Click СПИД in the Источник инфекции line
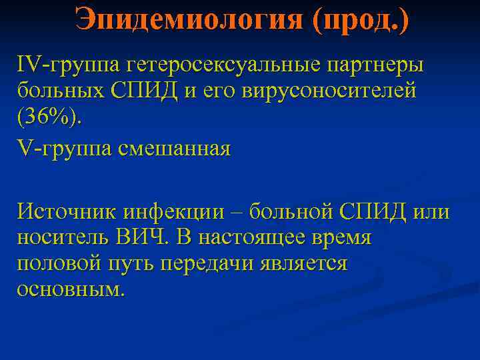(x=370, y=213)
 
